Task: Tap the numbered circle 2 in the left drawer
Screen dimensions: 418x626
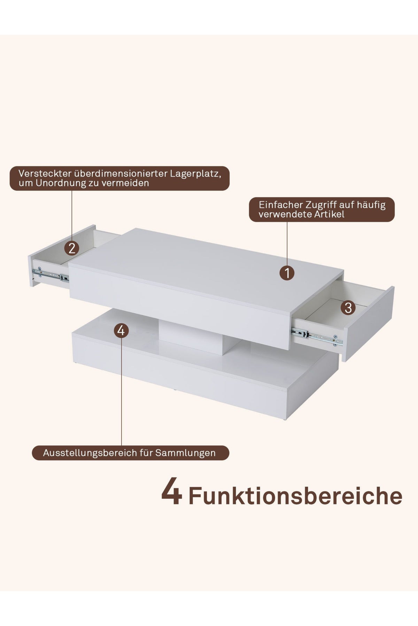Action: click(72, 248)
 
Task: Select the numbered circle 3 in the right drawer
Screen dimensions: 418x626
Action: click(348, 307)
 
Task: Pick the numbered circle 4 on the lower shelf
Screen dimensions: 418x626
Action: click(121, 331)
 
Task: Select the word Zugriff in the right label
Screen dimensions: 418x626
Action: click(323, 204)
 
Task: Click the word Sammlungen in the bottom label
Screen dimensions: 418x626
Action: click(185, 453)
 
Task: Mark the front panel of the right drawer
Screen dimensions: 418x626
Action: click(369, 323)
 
